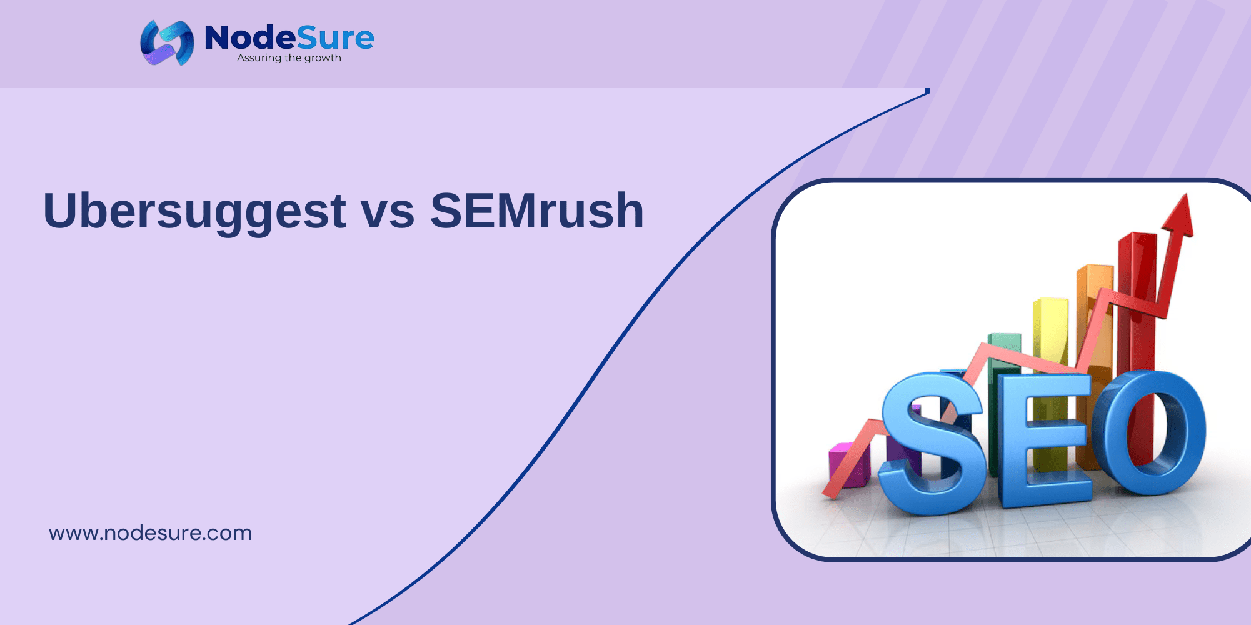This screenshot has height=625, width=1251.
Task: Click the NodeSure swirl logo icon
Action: tap(167, 42)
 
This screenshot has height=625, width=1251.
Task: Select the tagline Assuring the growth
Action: tap(289, 58)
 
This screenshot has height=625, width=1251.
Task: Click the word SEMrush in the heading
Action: tap(537, 211)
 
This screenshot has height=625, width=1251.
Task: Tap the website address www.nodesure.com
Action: tap(151, 533)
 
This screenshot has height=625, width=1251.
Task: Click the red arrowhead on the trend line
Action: tap(1178, 216)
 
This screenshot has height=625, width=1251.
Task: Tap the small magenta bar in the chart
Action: tap(849, 464)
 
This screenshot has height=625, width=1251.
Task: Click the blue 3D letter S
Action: tap(932, 444)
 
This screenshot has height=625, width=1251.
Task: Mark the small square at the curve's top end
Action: tap(928, 91)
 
